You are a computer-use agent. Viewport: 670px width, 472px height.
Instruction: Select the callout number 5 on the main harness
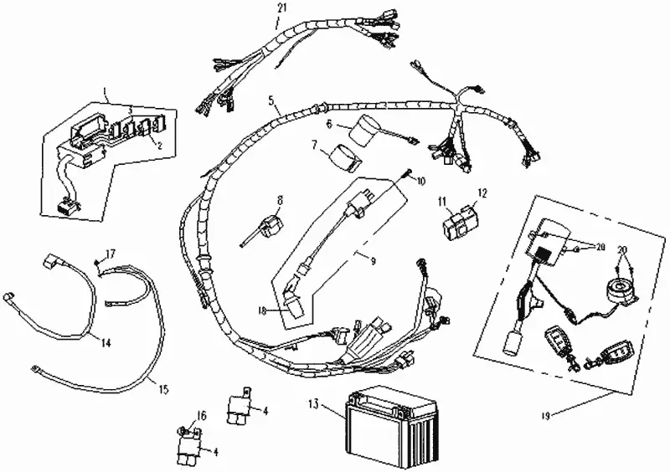click(271, 100)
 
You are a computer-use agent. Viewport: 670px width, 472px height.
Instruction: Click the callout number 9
click(373, 261)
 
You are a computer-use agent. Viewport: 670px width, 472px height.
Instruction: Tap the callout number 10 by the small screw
click(420, 181)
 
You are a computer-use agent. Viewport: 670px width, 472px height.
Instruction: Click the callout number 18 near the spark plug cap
click(262, 310)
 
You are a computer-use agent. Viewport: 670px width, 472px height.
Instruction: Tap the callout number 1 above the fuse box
click(106, 88)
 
